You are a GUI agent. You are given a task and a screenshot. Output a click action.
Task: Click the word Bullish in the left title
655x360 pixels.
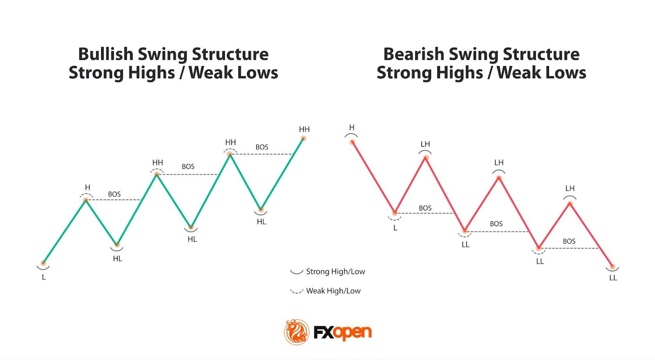105,54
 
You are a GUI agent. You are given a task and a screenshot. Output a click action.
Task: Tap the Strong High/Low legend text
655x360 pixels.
335,272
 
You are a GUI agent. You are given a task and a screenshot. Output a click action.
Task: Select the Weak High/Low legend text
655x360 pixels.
333,291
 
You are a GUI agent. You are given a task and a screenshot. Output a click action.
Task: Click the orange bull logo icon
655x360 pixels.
296,332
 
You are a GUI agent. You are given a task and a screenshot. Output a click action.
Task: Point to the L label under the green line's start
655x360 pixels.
44,277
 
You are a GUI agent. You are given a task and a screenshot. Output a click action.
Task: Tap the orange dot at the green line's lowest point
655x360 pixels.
43,263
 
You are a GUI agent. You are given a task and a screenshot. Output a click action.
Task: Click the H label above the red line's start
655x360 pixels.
352,128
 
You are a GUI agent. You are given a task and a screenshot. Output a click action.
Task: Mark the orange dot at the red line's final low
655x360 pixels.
612,267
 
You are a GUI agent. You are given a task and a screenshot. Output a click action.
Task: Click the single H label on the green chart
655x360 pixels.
87,188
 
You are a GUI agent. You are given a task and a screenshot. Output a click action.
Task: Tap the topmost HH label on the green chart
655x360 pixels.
304,129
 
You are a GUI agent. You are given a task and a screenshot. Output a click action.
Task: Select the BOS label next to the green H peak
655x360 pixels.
114,194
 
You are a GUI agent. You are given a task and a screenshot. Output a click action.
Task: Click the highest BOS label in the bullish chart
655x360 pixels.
262,147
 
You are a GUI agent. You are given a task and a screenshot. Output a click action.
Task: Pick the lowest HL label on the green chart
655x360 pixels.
117,259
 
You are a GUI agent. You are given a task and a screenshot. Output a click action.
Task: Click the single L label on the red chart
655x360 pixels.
395,228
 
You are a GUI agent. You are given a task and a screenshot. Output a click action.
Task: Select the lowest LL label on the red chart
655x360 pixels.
613,278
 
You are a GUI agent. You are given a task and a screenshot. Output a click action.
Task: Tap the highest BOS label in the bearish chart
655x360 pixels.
425,208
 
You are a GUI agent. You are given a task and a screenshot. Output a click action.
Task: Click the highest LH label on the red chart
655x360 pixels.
425,144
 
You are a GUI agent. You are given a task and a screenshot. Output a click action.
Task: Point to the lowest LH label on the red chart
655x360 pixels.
570,188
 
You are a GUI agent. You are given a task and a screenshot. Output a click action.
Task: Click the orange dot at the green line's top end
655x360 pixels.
303,138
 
